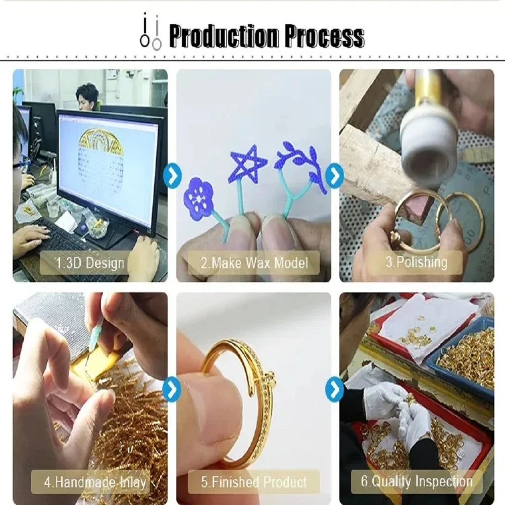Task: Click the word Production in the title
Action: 224,36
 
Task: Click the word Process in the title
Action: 325,36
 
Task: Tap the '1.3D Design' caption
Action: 90,263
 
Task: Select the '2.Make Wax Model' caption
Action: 255,263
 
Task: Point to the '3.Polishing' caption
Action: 417,262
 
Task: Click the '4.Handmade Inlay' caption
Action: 95,482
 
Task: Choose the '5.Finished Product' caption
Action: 254,482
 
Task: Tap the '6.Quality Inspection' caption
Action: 417,481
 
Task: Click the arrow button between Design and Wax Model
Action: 173,176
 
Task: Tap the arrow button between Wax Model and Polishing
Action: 335,176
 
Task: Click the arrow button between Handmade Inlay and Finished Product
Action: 172,389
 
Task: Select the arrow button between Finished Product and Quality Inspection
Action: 335,389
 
